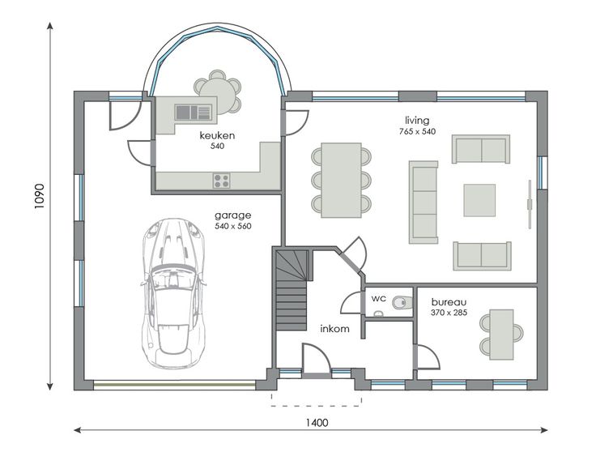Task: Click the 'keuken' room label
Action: (217, 135)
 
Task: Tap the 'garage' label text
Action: (233, 215)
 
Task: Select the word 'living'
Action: (417, 121)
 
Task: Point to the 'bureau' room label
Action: (449, 302)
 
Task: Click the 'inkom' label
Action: (334, 329)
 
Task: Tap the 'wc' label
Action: (379, 299)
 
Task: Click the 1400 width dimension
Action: (317, 423)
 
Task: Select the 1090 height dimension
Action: (40, 196)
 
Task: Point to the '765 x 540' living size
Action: (417, 131)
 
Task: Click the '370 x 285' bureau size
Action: (449, 313)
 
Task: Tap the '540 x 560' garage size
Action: (233, 226)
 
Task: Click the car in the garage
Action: (174, 293)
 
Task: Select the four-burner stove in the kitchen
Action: (221, 181)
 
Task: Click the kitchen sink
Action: (193, 113)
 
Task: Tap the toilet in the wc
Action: (402, 302)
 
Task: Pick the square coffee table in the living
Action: (479, 200)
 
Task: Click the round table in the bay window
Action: (217, 92)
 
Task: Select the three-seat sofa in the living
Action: (424, 202)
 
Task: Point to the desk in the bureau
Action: (501, 335)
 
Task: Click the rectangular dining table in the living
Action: (341, 181)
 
